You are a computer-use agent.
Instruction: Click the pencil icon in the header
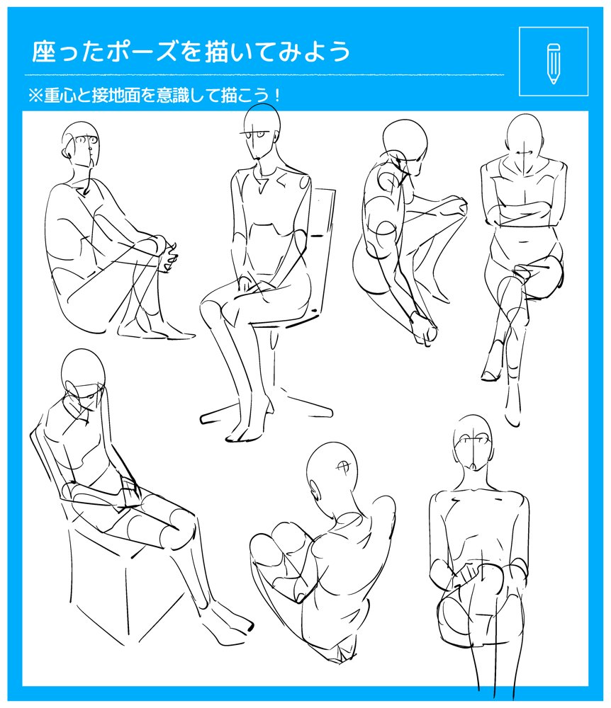(553, 63)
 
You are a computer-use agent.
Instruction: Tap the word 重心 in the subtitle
(60, 96)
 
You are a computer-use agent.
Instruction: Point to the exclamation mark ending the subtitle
(276, 96)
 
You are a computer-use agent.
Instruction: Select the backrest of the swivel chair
(323, 253)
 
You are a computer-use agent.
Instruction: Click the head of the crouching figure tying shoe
(405, 144)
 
